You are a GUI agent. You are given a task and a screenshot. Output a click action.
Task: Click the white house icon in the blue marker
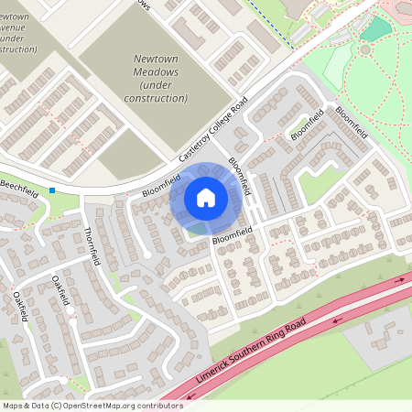click(x=205, y=197)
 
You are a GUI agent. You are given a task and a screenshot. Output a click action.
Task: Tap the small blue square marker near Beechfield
click(x=52, y=190)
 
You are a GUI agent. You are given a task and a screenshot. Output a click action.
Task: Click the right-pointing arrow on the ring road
click(x=399, y=281)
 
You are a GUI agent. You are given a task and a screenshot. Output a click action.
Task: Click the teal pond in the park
click(x=374, y=28)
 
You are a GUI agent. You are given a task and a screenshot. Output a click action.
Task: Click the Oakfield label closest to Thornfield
click(x=61, y=292)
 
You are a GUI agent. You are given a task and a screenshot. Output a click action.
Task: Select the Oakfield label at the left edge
click(x=19, y=307)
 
